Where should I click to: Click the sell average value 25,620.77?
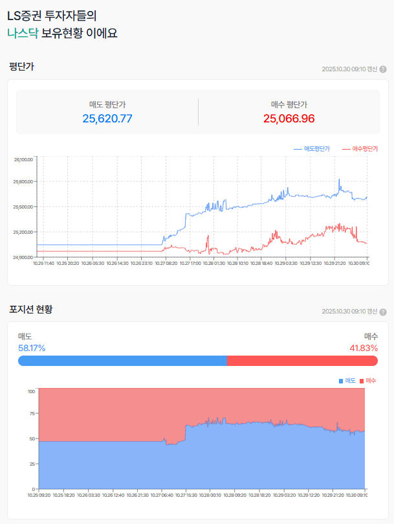(x=107, y=119)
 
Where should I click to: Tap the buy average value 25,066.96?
(x=289, y=119)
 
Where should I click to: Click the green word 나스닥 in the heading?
(x=23, y=32)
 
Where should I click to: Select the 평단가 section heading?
(x=21, y=66)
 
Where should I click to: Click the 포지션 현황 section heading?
(x=31, y=309)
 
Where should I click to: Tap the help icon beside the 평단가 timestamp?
(x=383, y=69)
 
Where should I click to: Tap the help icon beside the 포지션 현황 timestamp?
(x=383, y=312)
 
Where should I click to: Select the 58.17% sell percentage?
(x=32, y=348)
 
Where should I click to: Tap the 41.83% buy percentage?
(x=364, y=348)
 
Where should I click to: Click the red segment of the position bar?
(x=302, y=361)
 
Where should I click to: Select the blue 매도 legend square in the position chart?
(x=341, y=380)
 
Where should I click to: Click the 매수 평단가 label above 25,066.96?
(x=289, y=104)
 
